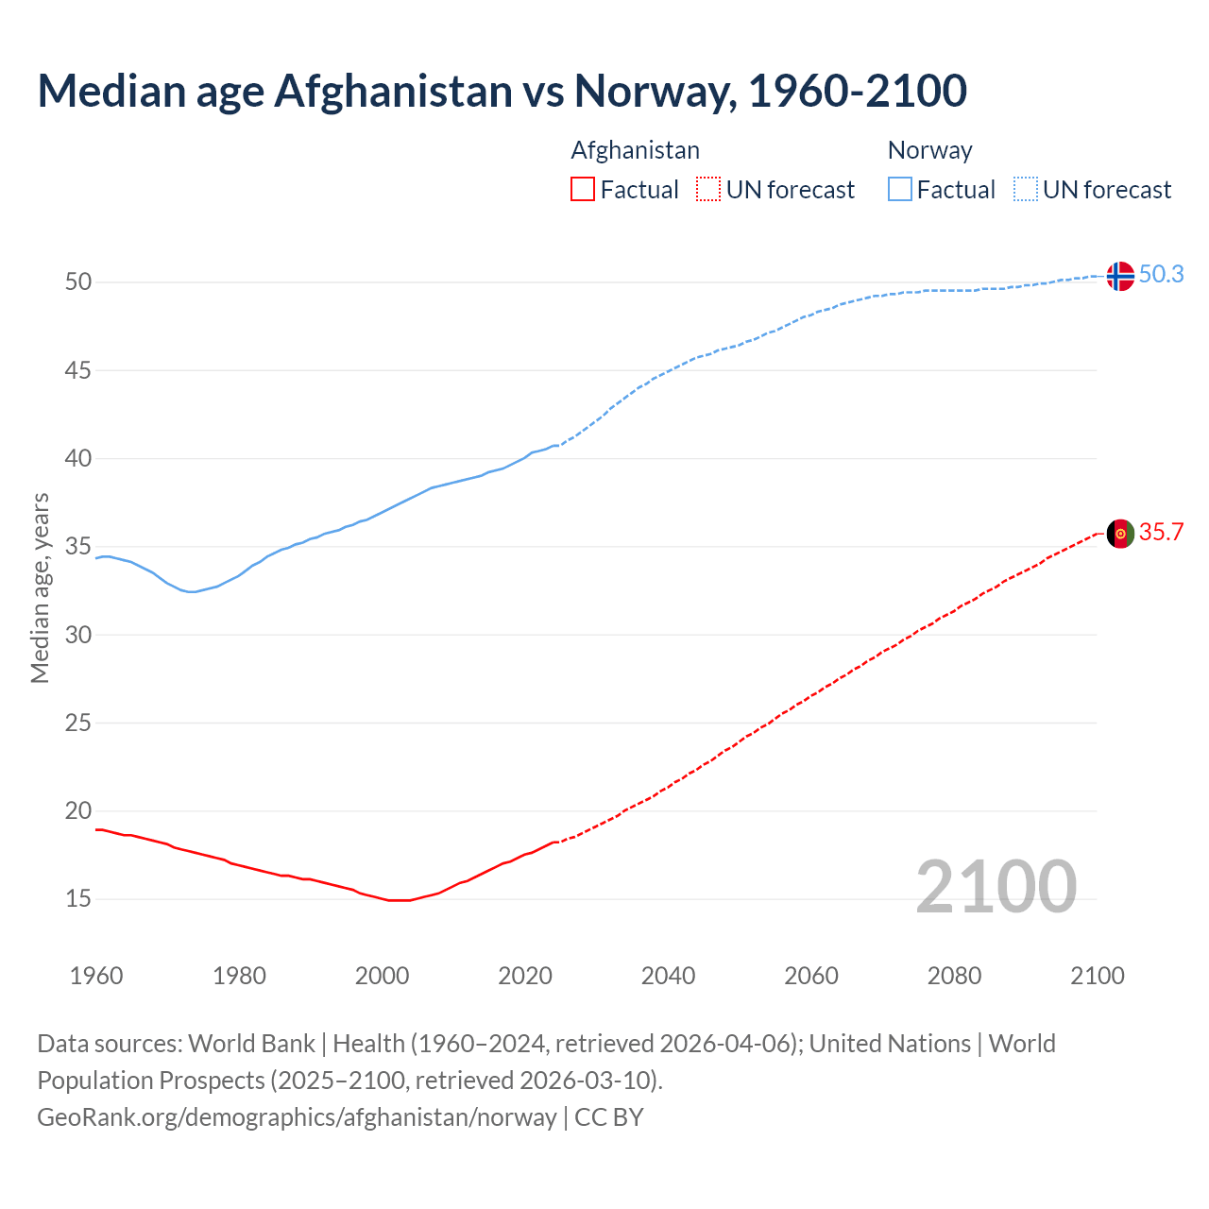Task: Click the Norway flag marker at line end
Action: [x=1119, y=276]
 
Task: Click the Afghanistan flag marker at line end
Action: [x=1119, y=534]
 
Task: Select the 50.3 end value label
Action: [x=1161, y=275]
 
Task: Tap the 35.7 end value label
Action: [x=1161, y=533]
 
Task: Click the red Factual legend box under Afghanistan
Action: [x=583, y=190]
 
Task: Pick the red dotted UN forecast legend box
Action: [x=708, y=190]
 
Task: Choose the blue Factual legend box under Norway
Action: [x=899, y=190]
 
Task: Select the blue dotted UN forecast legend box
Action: [x=1025, y=190]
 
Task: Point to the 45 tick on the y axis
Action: [x=78, y=371]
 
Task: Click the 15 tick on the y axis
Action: [x=78, y=899]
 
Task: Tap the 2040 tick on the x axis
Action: [x=668, y=976]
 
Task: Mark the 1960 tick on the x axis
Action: [x=96, y=976]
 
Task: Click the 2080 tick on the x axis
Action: [x=954, y=976]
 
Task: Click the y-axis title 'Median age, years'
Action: [x=40, y=587]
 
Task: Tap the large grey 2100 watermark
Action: [x=996, y=886]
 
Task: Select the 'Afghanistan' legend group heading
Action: [x=635, y=150]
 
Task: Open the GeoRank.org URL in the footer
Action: [x=297, y=1117]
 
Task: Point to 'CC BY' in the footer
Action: [x=609, y=1117]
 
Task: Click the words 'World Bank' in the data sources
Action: [x=251, y=1044]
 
